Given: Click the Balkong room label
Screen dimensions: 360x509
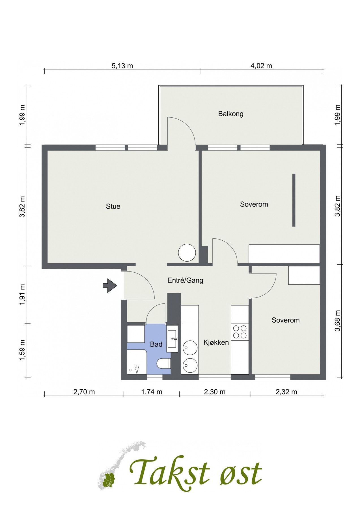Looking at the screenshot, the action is coord(231,114).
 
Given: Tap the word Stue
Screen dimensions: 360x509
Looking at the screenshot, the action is coord(113,206).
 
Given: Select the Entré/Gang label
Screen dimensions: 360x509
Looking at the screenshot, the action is coord(185,280).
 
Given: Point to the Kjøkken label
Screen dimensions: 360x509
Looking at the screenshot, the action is coord(216,342).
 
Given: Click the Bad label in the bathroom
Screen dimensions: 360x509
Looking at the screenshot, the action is coord(156,344).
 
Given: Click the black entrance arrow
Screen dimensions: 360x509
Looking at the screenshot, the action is coord(110,286).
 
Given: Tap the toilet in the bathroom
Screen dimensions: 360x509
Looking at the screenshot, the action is coord(164,364).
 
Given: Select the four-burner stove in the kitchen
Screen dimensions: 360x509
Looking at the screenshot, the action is coord(240,332).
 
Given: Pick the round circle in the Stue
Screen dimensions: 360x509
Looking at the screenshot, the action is coord(187,253).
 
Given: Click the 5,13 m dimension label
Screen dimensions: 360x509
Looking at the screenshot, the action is coord(122,66).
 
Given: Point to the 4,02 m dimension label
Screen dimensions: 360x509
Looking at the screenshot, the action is coord(261,66).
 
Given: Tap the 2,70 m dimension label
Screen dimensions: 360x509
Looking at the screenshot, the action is coord(84,392).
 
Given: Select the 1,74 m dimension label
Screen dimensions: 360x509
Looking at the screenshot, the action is coord(152,392).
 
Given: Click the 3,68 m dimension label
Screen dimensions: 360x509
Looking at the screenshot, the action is coord(337,321).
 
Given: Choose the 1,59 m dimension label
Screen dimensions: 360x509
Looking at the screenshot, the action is coord(22,350).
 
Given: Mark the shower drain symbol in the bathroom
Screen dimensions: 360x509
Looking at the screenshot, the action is coord(130,370).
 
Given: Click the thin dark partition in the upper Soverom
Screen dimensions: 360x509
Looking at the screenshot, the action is coord(294,200).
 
